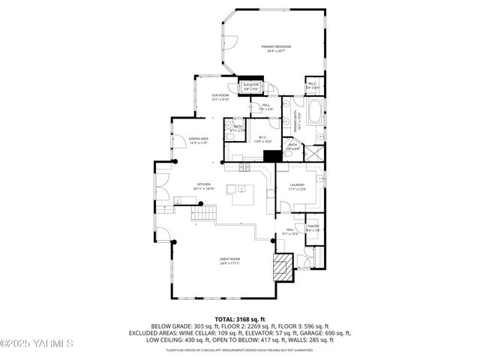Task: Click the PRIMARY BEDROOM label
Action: point(276,47)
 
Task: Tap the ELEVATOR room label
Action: point(250,85)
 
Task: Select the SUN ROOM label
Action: point(220,95)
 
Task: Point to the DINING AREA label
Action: point(199,139)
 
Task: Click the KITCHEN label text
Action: point(203,184)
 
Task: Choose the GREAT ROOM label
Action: point(229,259)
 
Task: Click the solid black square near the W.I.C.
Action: point(271,156)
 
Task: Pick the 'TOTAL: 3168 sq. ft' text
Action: point(239,319)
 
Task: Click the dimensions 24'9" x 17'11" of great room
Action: point(229,263)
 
